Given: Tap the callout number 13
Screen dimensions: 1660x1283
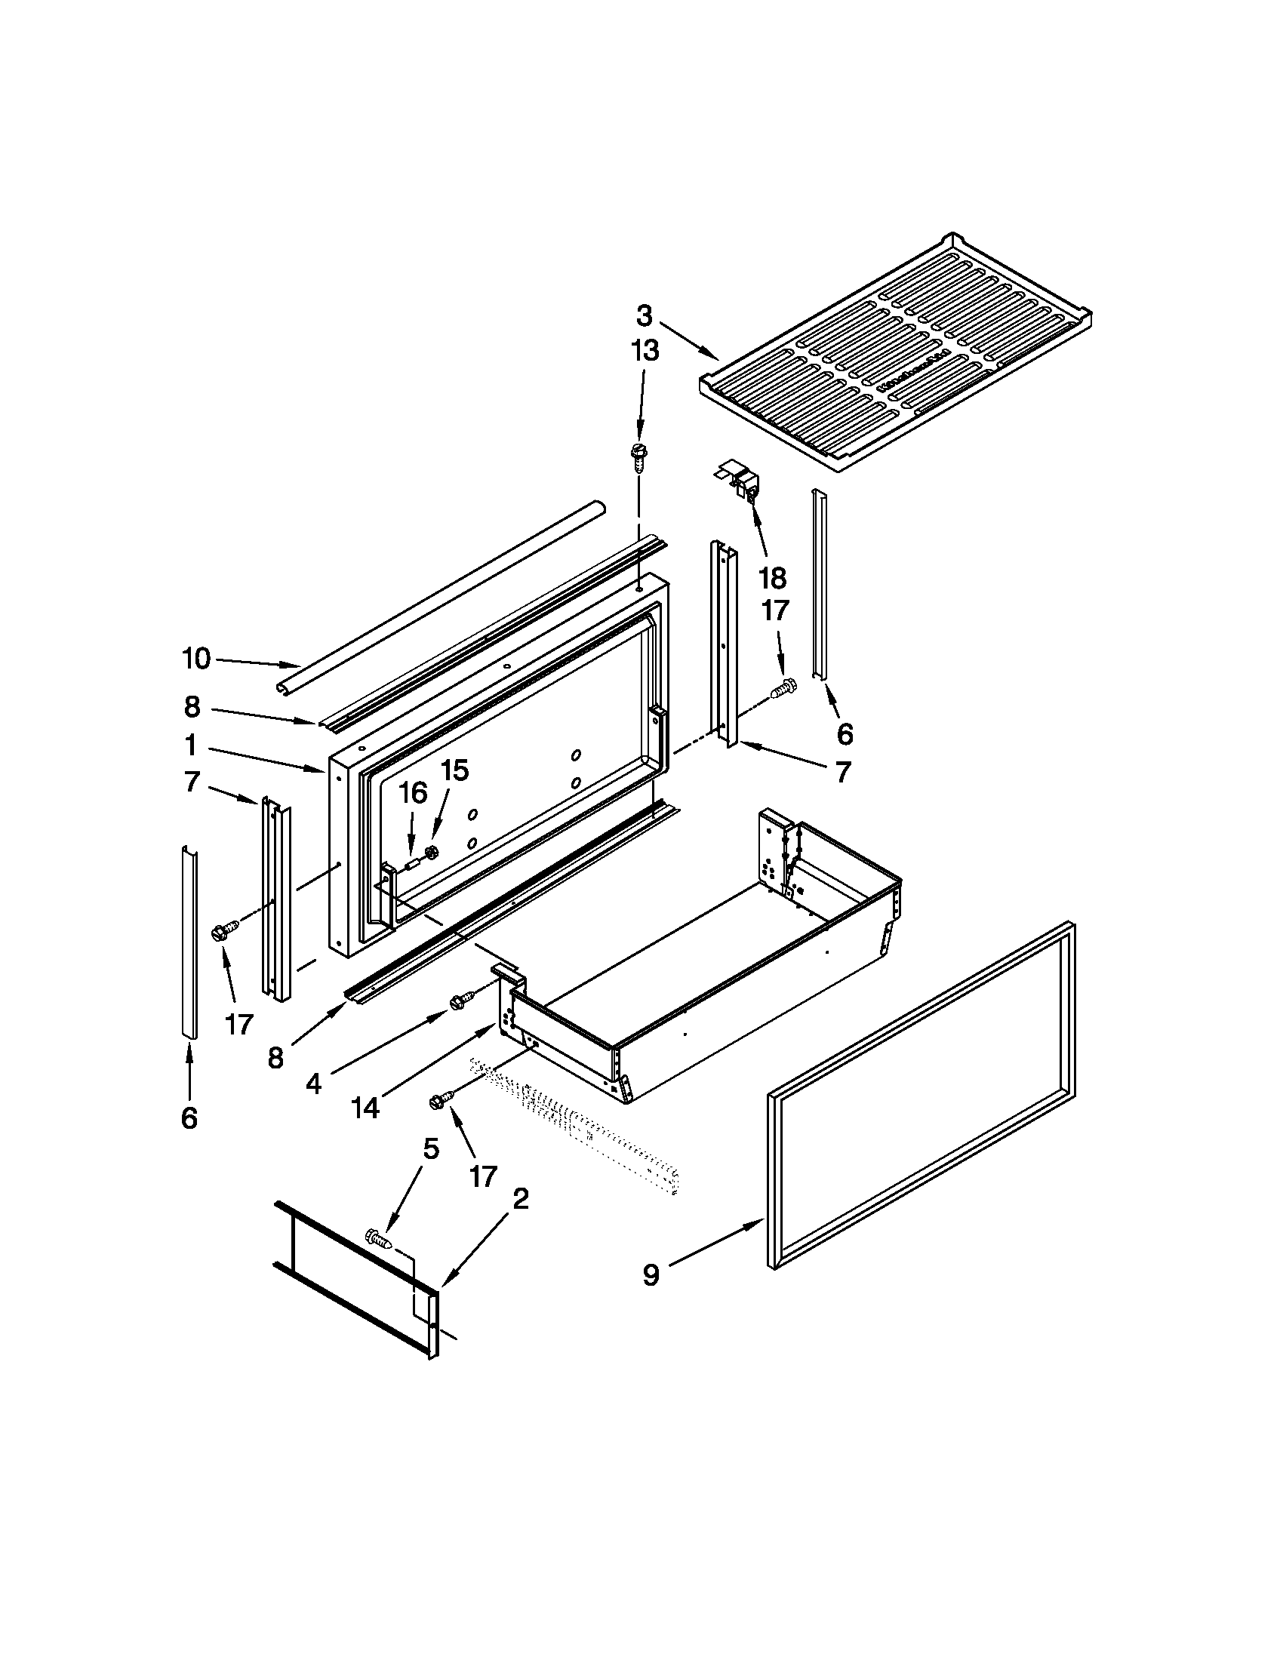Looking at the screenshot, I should pyautogui.click(x=644, y=351).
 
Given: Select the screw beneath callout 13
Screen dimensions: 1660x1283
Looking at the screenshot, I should pyautogui.click(x=637, y=458).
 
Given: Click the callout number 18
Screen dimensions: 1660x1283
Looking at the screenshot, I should pyautogui.click(x=772, y=579).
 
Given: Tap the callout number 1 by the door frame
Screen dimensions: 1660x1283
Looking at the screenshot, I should pyautogui.click(x=190, y=746).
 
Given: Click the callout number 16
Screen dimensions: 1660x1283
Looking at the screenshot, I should pyautogui.click(x=414, y=793).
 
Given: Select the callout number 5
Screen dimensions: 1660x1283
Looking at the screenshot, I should pyautogui.click(x=430, y=1148).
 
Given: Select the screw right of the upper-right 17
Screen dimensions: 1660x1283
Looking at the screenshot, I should pyautogui.click(x=783, y=690).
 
